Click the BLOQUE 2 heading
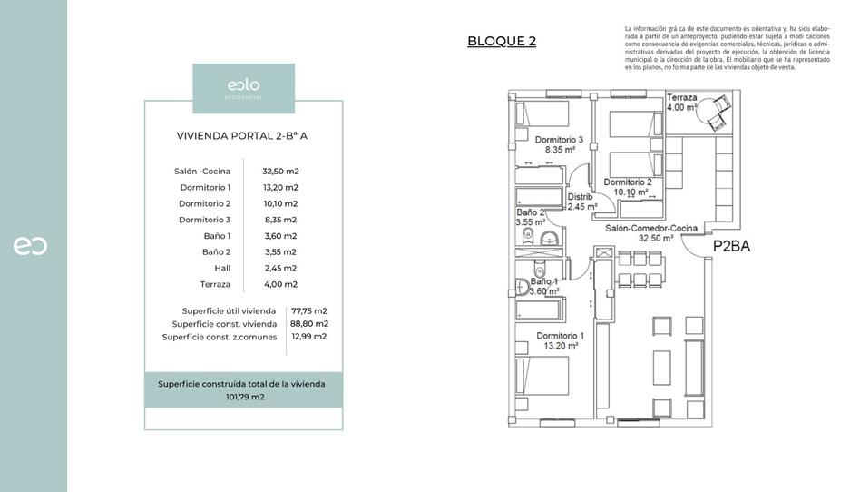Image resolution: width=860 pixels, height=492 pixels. tap(502, 41)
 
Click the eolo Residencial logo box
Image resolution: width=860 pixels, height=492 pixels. tap(243, 88)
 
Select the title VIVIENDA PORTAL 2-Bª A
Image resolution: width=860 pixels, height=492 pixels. tap(242, 136)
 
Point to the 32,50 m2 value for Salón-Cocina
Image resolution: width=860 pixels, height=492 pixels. tap(280, 171)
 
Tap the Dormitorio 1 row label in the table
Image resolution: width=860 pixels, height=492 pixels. tap(205, 187)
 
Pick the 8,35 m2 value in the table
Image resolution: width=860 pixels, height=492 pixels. tap(280, 220)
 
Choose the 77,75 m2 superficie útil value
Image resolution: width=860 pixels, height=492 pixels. tap(309, 310)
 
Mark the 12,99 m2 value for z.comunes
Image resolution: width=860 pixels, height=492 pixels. tap(309, 336)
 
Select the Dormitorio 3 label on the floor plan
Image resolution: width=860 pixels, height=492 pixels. tap(559, 145)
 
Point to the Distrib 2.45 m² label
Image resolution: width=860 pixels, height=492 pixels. tap(581, 202)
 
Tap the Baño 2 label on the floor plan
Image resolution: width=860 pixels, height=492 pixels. tap(530, 217)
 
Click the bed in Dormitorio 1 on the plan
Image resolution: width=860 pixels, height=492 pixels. tap(542, 384)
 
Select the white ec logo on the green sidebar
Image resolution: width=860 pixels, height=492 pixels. tap(30, 246)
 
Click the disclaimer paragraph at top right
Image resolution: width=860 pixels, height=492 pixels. tap(727, 48)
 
